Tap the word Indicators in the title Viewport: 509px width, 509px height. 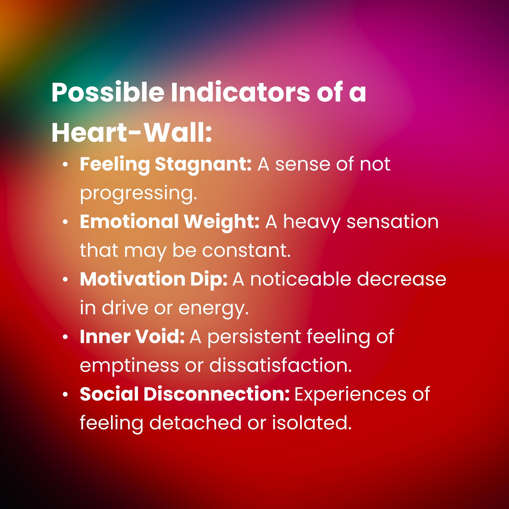[241, 92]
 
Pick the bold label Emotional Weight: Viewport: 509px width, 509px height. [170, 222]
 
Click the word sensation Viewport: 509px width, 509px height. [392, 222]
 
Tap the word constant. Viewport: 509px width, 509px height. [246, 250]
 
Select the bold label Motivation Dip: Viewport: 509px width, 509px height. [154, 279]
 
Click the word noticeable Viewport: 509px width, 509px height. [301, 279]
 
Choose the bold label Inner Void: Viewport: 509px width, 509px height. [132, 337]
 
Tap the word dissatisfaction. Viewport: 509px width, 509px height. [280, 366]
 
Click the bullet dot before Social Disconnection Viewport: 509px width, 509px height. [65, 395]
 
